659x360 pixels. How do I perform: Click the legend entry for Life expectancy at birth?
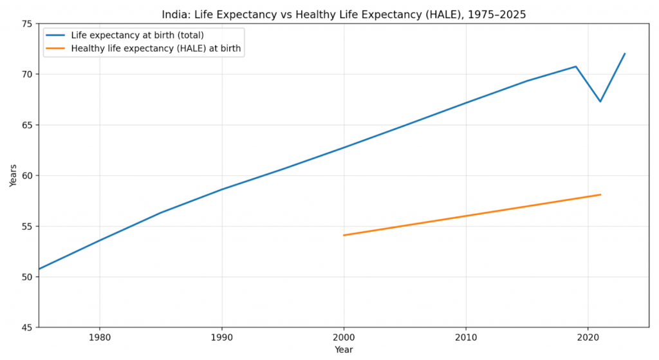tap(136, 35)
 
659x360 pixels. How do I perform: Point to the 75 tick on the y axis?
tap(26, 24)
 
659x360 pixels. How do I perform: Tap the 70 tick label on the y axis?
tap(26, 75)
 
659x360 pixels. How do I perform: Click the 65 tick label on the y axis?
tap(26, 125)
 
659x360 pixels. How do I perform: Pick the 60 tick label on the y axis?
tap(26, 176)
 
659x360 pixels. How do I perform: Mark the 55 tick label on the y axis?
tap(26, 227)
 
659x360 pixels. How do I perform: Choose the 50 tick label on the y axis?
tap(26, 277)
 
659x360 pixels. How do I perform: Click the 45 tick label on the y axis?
tap(26, 328)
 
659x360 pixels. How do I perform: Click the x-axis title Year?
tap(344, 350)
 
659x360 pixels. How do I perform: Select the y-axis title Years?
tap(14, 175)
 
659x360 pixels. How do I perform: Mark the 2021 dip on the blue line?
tap(600, 101)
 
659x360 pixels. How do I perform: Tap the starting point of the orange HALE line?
tap(344, 235)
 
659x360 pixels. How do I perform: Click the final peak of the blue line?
tap(625, 53)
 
